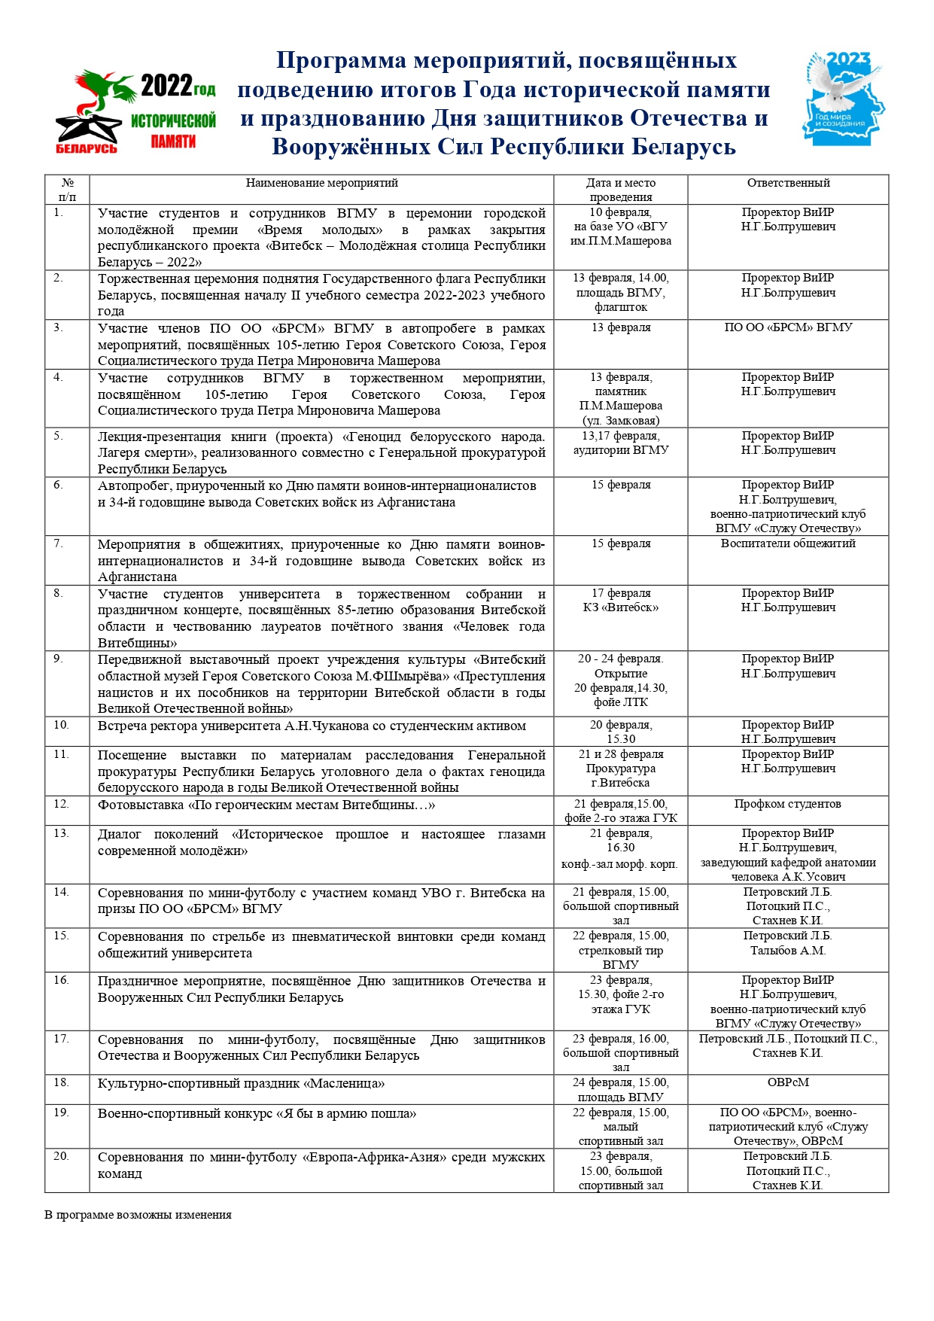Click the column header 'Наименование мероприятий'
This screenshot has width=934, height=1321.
tap(321, 183)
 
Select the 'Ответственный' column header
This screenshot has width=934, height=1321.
tap(788, 183)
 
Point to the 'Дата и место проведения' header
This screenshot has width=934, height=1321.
tap(621, 190)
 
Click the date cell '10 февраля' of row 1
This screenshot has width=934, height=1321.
tap(621, 212)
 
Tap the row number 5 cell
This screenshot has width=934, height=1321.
tap(59, 436)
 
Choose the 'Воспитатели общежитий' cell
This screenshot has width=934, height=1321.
tap(788, 543)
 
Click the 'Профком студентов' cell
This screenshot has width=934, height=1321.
tap(788, 804)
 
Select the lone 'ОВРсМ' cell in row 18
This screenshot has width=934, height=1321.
tap(788, 1082)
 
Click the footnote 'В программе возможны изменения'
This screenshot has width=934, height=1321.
tap(138, 1214)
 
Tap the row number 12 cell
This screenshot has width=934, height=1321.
tap(61, 804)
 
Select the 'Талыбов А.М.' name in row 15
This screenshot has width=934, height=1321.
tap(788, 951)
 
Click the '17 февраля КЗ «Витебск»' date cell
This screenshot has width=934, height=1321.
tap(621, 601)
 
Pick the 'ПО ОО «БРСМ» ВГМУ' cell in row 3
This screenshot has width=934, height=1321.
tap(788, 327)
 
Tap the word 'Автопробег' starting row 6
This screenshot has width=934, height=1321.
tap(131, 486)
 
